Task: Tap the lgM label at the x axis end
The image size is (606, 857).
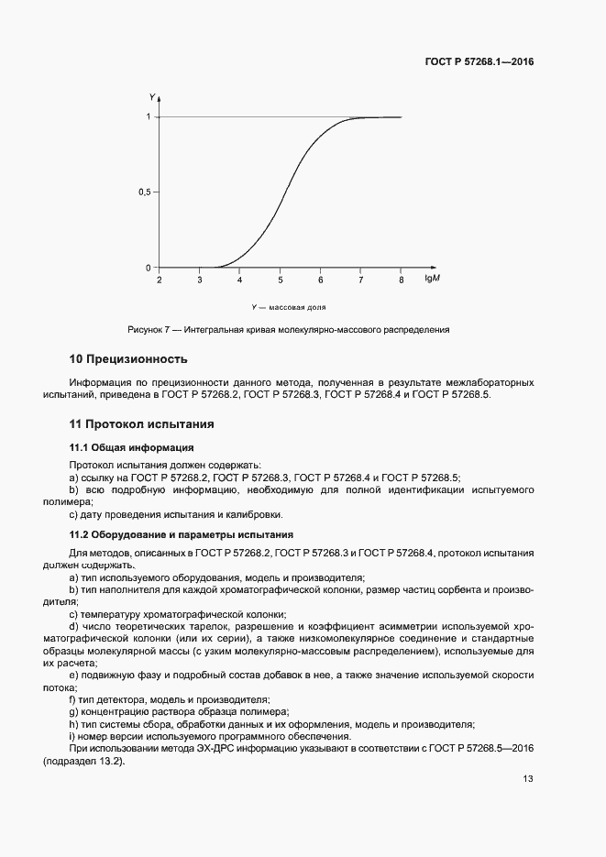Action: point(431,280)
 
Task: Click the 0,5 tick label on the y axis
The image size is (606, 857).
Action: point(144,192)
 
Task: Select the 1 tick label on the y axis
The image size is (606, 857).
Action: point(148,117)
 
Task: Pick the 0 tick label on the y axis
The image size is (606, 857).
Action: point(148,268)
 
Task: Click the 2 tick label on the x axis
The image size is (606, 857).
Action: point(160,280)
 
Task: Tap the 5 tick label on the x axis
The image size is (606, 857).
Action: point(281,280)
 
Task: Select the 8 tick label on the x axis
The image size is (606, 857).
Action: point(401,280)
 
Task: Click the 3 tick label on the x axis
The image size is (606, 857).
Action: point(200,280)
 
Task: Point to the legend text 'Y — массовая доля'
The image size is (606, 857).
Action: point(289,307)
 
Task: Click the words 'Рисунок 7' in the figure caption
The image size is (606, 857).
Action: point(149,329)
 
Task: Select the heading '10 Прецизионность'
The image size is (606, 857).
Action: point(128,358)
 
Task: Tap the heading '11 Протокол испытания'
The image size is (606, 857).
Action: point(141,424)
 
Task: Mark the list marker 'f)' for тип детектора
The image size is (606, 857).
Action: point(72,699)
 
